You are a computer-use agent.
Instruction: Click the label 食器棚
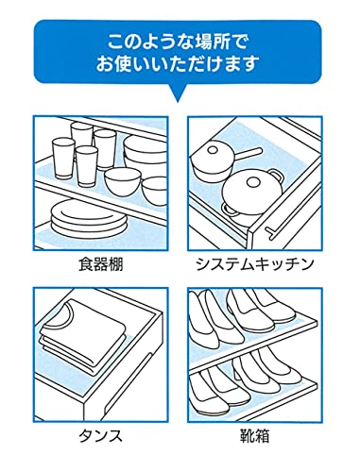point(100,264)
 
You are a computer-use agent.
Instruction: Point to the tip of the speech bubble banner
point(178,97)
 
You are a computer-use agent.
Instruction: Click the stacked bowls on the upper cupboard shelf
point(139,149)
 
